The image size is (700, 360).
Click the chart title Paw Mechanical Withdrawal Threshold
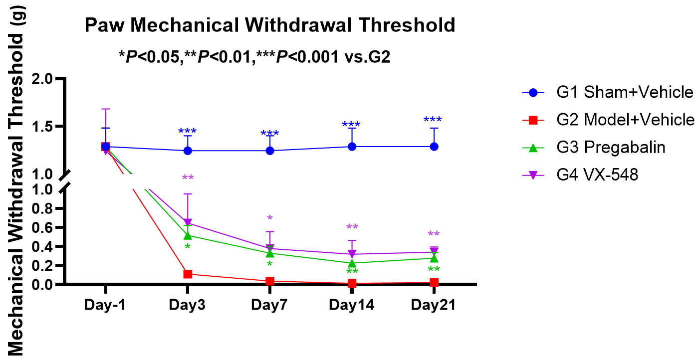[270, 25]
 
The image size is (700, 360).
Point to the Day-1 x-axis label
[105, 305]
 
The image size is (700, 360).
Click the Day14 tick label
[352, 305]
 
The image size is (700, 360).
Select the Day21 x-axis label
[434, 305]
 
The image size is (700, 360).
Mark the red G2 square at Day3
[188, 274]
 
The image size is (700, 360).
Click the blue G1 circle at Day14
[352, 147]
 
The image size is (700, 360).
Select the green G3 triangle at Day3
[188, 235]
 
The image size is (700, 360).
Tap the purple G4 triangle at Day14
[352, 254]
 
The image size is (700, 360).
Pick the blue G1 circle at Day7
[270, 151]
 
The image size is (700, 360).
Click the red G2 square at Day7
[270, 281]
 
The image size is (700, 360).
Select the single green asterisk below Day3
[188, 247]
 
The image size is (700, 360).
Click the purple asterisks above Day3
[188, 179]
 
